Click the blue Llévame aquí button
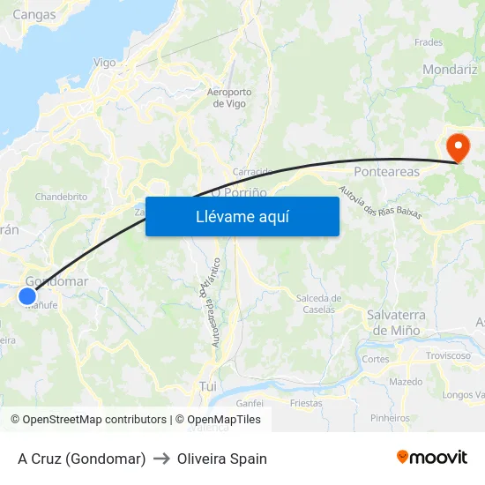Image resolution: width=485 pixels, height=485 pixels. (x=242, y=216)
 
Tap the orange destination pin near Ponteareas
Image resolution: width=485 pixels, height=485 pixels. (x=458, y=145)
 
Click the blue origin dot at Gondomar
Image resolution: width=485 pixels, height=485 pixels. (x=27, y=296)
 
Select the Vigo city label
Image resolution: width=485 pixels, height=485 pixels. (x=104, y=63)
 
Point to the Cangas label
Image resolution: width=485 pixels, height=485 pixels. (x=34, y=14)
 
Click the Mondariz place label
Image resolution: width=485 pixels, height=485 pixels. (x=450, y=69)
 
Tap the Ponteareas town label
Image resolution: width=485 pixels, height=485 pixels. (x=386, y=171)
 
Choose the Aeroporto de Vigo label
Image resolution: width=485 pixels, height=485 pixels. (x=228, y=97)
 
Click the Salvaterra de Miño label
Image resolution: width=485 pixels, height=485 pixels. (x=397, y=322)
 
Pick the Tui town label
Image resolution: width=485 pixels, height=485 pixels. (x=208, y=386)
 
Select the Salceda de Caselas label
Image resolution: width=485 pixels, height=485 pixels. (x=318, y=303)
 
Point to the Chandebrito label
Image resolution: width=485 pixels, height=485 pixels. (x=60, y=196)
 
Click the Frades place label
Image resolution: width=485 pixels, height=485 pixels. (x=429, y=41)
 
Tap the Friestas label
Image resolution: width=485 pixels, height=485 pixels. (x=306, y=402)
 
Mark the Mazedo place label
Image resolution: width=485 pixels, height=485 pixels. (x=406, y=382)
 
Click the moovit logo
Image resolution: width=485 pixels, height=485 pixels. (x=432, y=457)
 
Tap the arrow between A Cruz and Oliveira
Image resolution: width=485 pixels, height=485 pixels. (x=161, y=459)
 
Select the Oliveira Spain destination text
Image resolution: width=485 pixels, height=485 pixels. (x=221, y=459)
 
